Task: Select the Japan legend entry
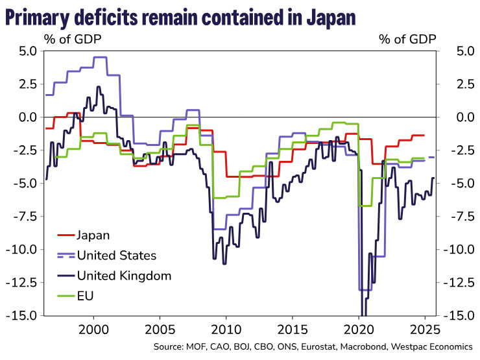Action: (93, 235)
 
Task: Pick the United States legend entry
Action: (116, 255)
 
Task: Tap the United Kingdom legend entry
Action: (124, 276)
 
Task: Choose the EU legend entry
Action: (84, 296)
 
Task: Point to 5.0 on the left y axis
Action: (27, 51)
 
